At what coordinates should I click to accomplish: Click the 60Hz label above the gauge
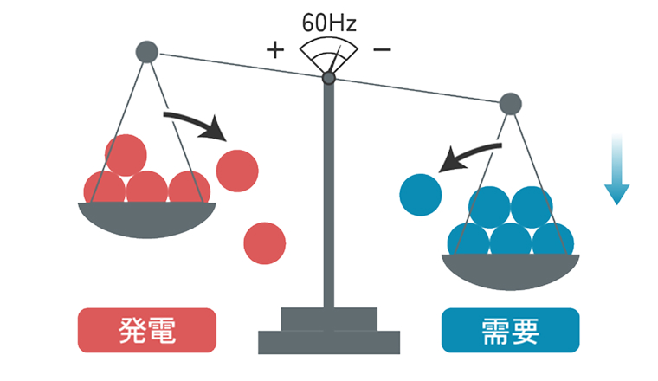[329, 22]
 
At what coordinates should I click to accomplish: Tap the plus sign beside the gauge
[274, 49]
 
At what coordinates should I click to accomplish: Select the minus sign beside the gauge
[381, 49]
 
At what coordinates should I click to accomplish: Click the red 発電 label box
[146, 330]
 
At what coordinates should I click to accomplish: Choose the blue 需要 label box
[510, 330]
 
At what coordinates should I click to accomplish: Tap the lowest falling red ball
[265, 242]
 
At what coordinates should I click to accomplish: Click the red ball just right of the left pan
[237, 170]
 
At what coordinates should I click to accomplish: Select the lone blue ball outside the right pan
[420, 194]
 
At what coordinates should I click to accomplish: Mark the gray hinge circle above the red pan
[147, 52]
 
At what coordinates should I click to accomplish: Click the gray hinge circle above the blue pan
[511, 105]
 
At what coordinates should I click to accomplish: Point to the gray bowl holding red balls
[146, 219]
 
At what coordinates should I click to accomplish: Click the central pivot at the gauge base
[329, 79]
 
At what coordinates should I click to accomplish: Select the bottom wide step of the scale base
[329, 342]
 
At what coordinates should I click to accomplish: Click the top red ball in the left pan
[126, 155]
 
